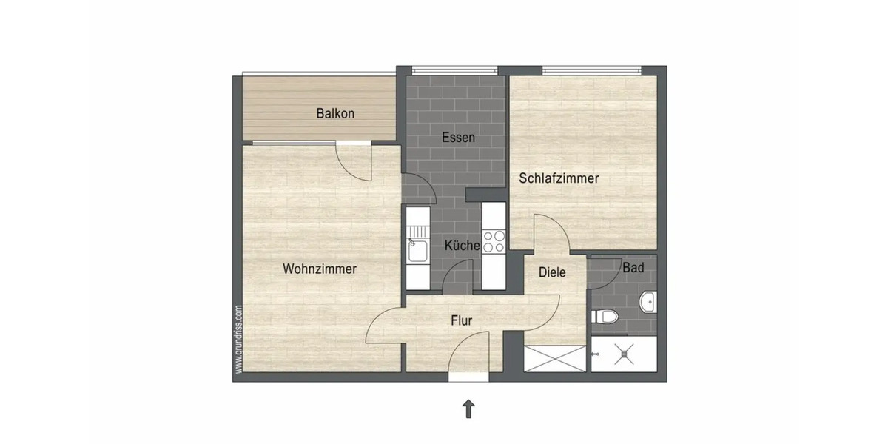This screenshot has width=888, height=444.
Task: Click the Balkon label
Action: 335,114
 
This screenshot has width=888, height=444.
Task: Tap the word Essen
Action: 458,138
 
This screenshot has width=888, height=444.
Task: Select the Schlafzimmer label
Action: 559,178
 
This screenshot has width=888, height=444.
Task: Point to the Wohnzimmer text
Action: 319,269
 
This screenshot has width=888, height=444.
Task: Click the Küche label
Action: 462,246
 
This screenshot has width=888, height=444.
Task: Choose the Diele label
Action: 552,272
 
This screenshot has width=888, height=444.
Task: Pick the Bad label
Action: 633,268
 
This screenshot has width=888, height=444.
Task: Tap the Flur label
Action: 461,320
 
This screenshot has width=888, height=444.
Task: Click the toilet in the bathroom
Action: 605,317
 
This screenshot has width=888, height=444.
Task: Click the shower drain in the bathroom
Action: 625,354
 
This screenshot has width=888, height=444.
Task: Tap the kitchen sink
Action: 417,247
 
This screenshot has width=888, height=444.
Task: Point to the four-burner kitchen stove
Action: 494,241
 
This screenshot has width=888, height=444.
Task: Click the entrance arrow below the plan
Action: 468,408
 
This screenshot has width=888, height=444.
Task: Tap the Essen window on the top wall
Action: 453,70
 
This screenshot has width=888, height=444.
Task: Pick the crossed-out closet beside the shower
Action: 554,359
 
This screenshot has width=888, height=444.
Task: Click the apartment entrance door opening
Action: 469,377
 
